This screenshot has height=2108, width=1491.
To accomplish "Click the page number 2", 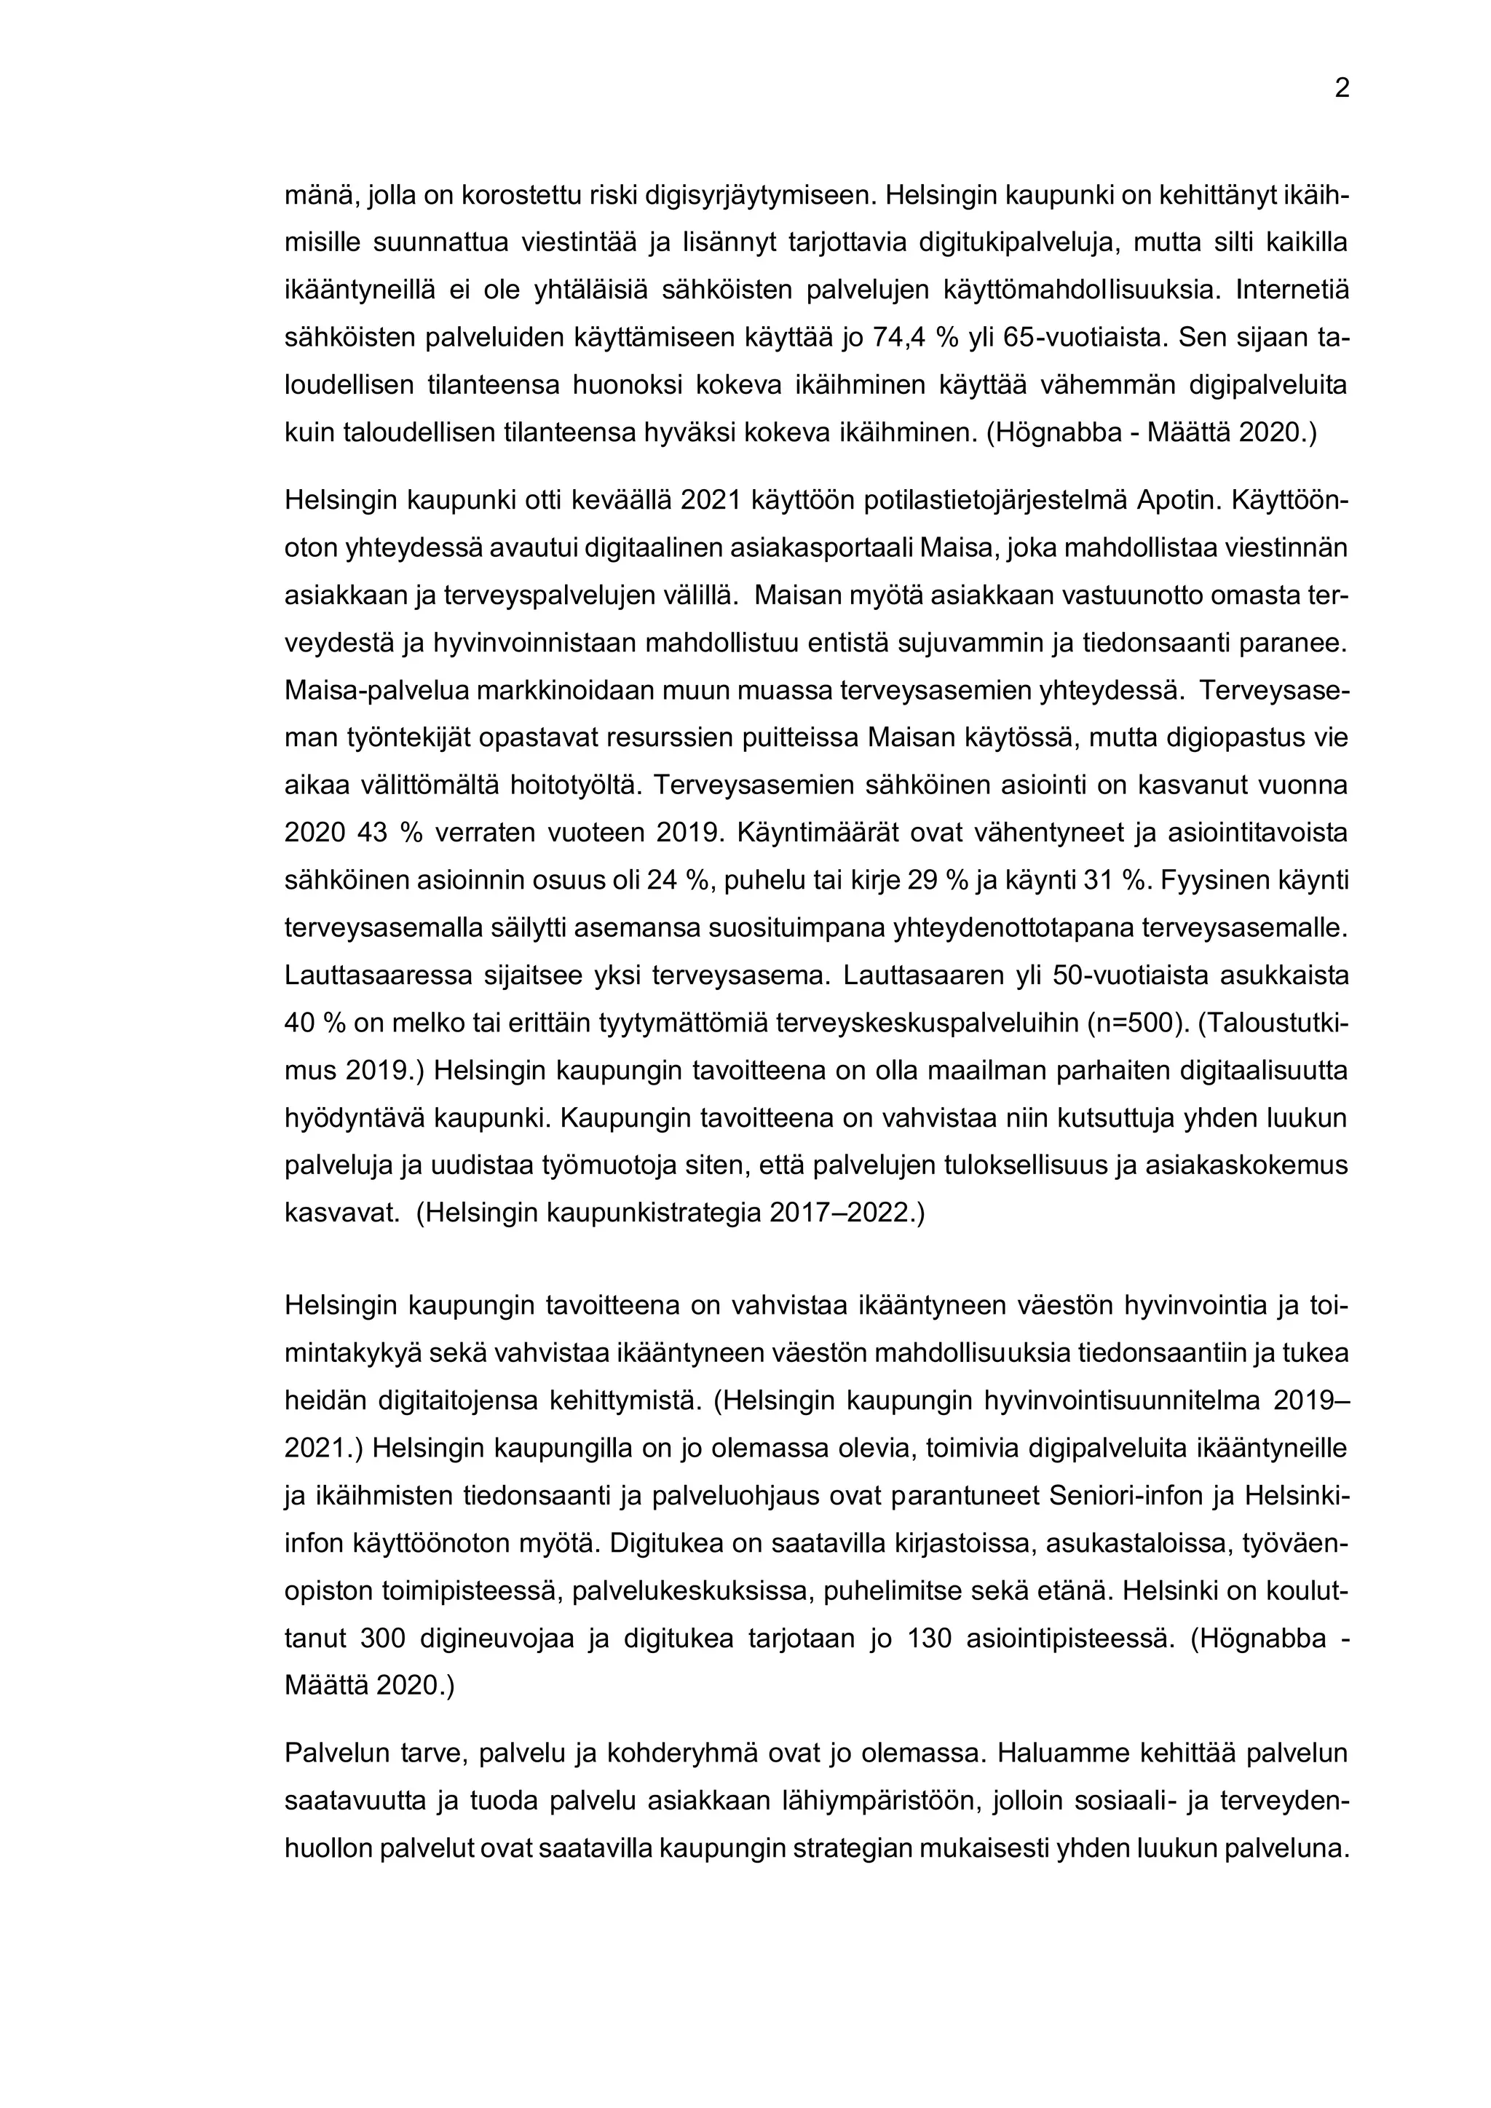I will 1341,89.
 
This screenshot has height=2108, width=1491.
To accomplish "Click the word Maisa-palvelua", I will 380,691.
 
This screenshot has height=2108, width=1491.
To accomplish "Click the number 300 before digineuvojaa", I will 382,1638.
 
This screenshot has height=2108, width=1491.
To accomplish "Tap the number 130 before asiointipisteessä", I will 928,1638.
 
